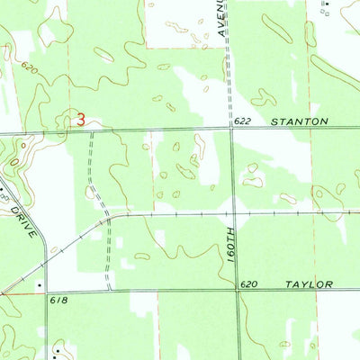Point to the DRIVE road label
point(24,219)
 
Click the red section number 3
point(81,118)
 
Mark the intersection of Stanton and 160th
point(231,128)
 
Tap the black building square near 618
point(40,286)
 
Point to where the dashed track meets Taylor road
point(109,291)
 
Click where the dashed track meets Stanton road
point(89,130)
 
